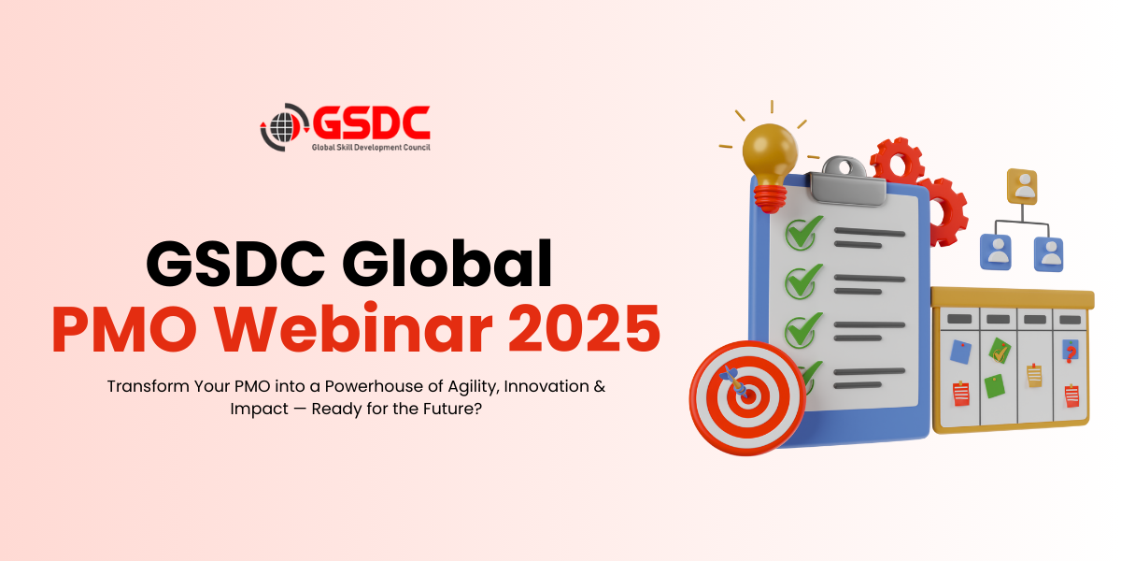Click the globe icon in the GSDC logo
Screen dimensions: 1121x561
click(282, 127)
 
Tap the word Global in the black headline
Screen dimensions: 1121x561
click(447, 264)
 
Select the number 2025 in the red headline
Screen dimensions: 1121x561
click(585, 328)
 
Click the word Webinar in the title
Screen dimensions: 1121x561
click(354, 328)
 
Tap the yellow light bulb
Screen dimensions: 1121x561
click(770, 165)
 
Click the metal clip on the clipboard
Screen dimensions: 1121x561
click(846, 181)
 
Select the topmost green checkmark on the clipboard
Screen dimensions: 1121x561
click(803, 233)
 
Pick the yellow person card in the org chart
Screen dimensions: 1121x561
click(1022, 186)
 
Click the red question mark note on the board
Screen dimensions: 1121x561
click(1070, 352)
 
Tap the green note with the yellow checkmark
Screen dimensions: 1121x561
click(1000, 351)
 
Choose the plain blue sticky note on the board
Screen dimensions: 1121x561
click(960, 352)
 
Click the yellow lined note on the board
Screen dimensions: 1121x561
click(1034, 376)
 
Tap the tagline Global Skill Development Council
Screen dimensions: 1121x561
click(371, 148)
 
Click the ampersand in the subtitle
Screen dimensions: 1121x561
click(599, 386)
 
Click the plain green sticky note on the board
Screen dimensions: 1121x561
click(994, 385)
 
